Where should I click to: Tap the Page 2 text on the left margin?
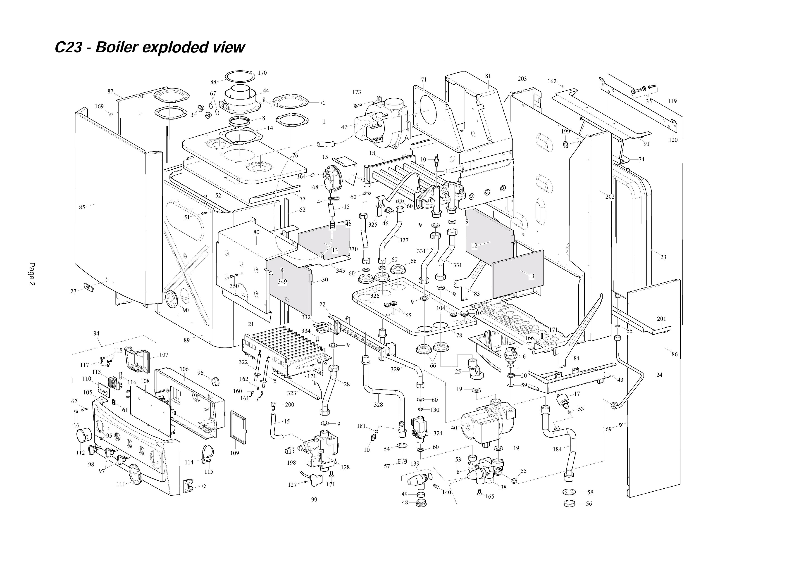click(x=32, y=274)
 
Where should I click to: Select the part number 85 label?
click(x=82, y=207)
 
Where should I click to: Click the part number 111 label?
click(x=121, y=484)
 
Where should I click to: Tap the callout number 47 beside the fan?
click(x=344, y=127)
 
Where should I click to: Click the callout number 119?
click(x=672, y=101)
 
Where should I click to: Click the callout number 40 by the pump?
click(x=454, y=428)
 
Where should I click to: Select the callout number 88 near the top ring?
click(x=213, y=82)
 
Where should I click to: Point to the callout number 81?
click(x=488, y=76)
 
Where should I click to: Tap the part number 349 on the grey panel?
click(x=282, y=282)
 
